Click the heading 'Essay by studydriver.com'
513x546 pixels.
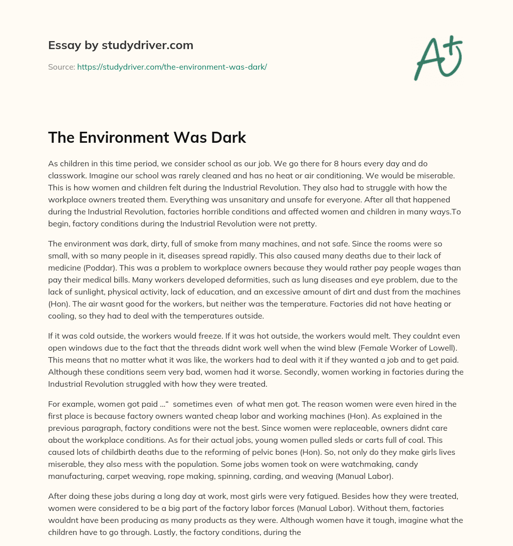(x=120, y=45)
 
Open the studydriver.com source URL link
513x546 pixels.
(x=172, y=67)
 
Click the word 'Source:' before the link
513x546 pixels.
(x=62, y=67)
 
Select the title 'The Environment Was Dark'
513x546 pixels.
(x=147, y=138)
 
